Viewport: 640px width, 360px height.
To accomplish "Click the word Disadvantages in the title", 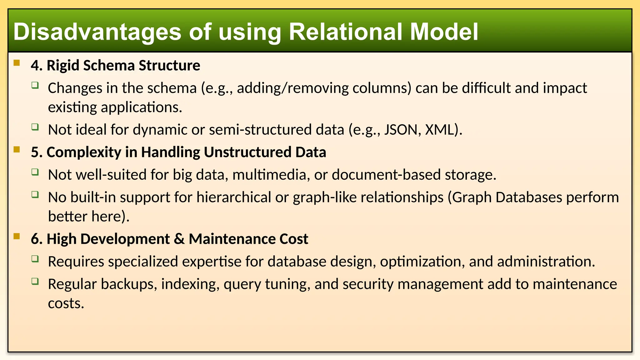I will point(97,32).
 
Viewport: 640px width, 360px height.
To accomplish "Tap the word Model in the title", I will point(444,32).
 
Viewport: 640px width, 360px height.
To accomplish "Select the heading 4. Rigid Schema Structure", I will point(115,66).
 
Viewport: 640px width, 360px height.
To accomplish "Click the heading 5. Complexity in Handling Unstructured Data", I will point(178,152).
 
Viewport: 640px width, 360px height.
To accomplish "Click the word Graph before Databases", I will point(472,197).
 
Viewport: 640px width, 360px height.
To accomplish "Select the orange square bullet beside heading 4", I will point(17,63).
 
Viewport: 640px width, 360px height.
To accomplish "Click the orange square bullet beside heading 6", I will point(17,236).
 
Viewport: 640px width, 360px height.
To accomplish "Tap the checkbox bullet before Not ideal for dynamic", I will point(35,127).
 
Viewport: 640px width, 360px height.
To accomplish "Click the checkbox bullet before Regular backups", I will point(35,281).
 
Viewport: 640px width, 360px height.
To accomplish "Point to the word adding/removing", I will point(292,88).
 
